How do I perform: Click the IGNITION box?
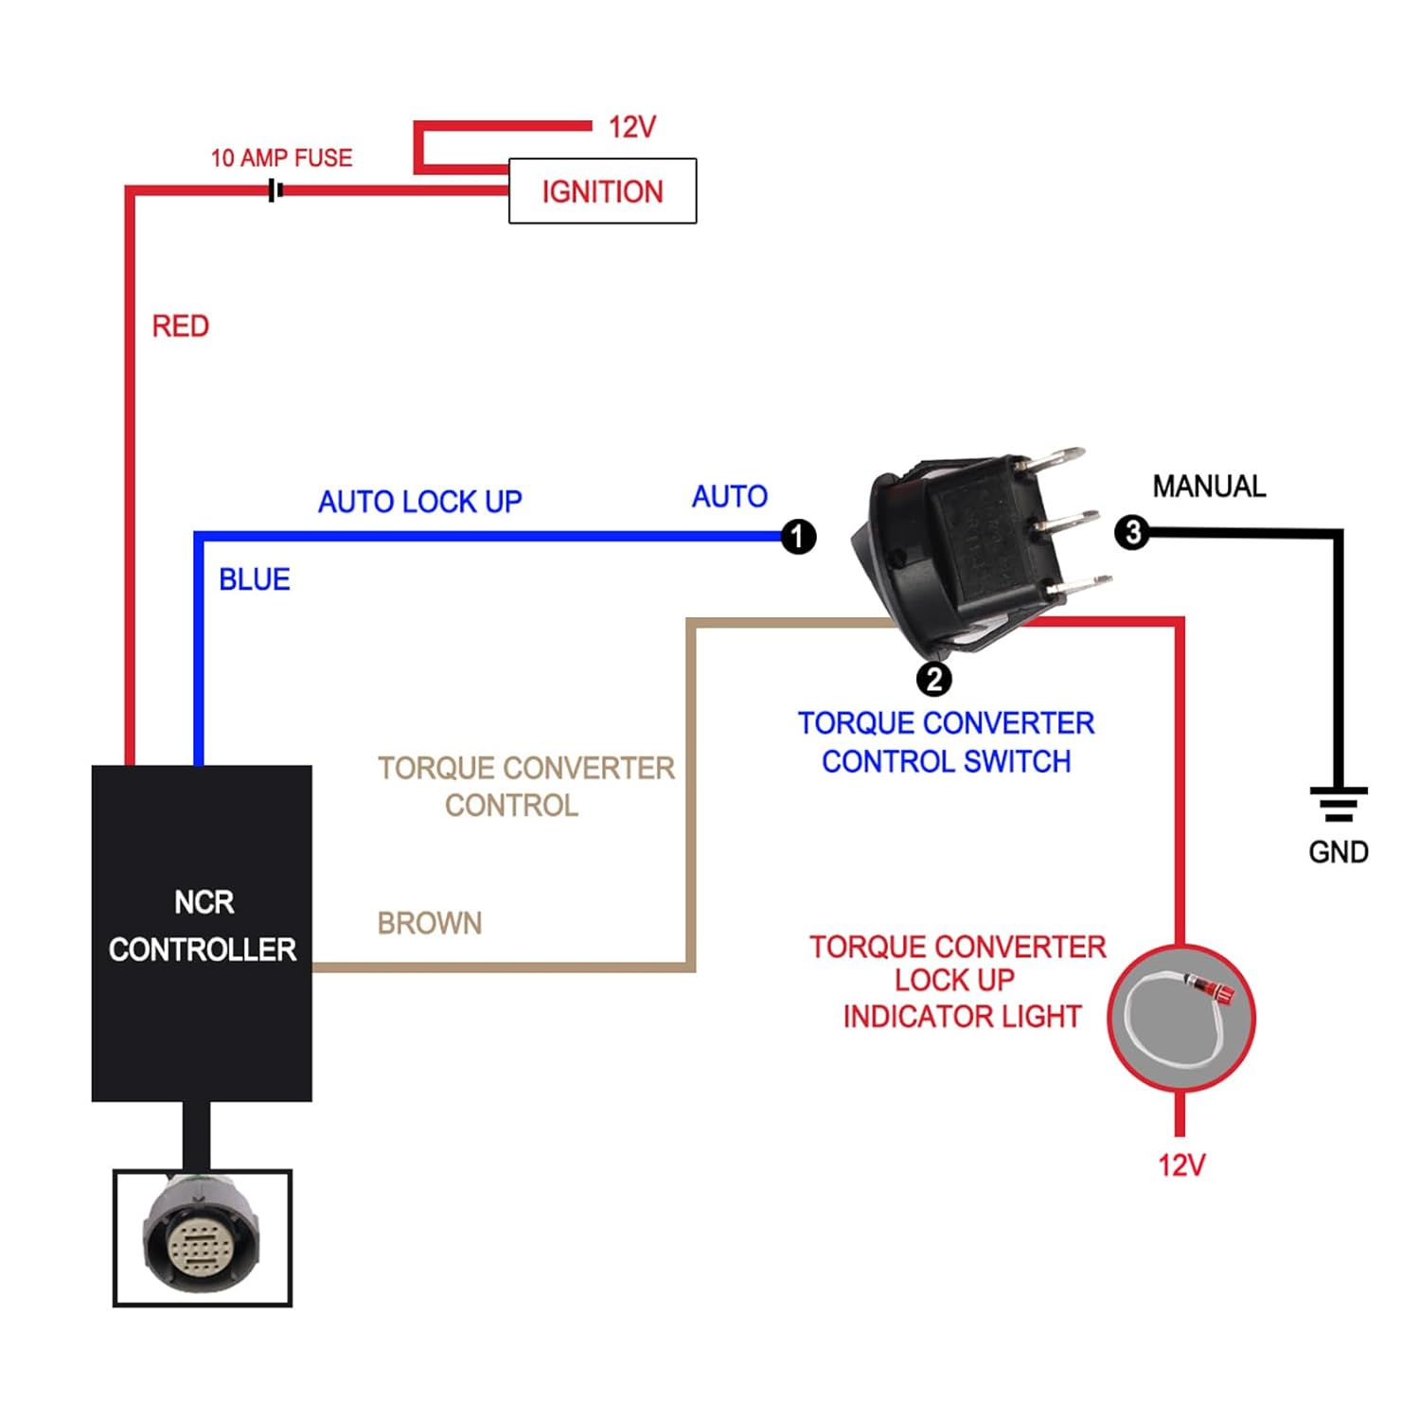coord(602,191)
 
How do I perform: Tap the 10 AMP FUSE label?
coord(281,158)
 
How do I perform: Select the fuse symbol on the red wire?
coord(275,190)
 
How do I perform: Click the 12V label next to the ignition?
coord(632,127)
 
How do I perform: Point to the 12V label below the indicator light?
coord(1181,1165)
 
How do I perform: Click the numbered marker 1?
coord(798,537)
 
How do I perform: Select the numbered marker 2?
coord(933,679)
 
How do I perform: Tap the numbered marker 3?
coord(1132,532)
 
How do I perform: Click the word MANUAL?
coord(1209,487)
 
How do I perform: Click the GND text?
coord(1339,852)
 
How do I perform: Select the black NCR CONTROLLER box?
coord(202,932)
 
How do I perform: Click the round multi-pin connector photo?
coord(202,1237)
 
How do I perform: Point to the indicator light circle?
coord(1180,1018)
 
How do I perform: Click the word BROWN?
coord(430,923)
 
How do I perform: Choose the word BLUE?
coord(254,579)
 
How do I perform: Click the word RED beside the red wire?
coord(180,327)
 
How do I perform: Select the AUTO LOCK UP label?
coord(419,502)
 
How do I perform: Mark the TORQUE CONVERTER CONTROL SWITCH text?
coord(946,742)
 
